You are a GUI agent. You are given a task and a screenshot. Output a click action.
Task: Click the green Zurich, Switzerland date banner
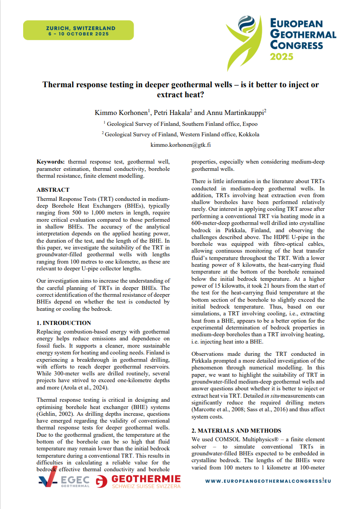click(x=80, y=30)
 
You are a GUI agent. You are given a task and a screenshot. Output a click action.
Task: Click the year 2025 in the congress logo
click(x=282, y=56)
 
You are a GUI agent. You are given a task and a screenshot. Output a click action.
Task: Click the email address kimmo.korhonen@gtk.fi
click(x=180, y=145)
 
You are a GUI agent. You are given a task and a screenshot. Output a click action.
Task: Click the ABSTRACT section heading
click(x=53, y=190)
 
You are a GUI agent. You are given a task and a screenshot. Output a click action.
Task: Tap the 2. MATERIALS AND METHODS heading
click(x=236, y=430)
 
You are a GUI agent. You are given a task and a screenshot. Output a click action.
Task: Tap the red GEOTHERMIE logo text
click(x=145, y=479)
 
